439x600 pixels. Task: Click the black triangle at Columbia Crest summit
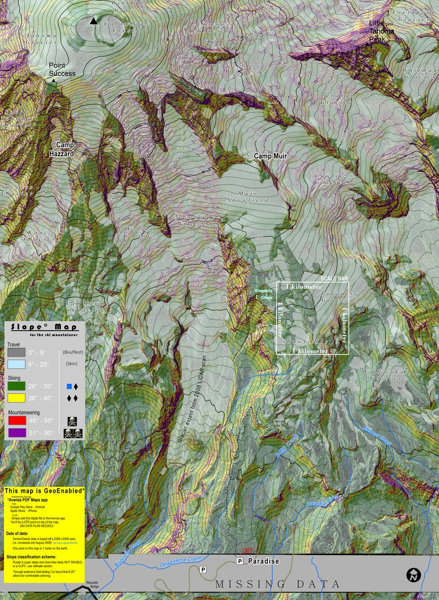(93, 21)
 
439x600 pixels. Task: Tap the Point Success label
(62, 70)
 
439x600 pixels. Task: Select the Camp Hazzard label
(65, 149)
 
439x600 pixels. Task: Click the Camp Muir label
(270, 156)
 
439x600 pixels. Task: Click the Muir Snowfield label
(254, 196)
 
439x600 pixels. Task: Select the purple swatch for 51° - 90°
(17, 432)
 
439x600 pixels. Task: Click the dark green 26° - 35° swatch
(17, 386)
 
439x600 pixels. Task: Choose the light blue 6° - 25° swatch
(17, 364)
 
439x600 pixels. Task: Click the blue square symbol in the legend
(69, 387)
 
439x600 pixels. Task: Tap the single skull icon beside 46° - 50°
(72, 419)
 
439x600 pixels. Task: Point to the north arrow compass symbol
(413, 574)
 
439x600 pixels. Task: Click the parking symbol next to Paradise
(240, 561)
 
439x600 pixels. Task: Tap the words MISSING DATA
(278, 584)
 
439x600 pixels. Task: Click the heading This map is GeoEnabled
(44, 491)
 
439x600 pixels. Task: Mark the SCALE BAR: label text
(335, 278)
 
